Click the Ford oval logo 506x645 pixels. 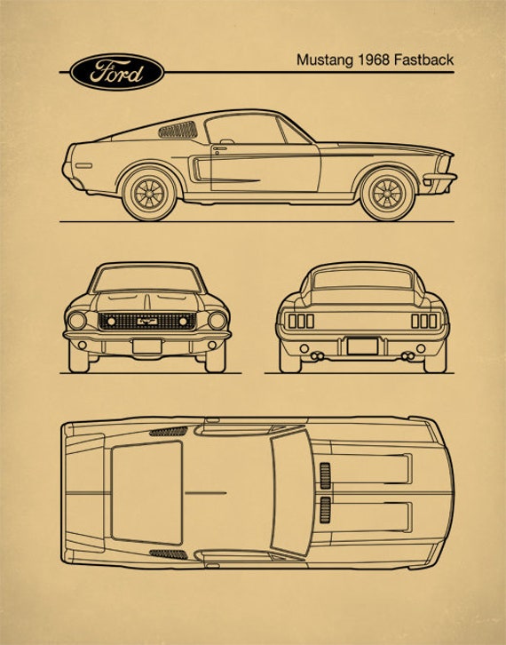[117, 72]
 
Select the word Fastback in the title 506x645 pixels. [423, 60]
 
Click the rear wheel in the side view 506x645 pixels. [150, 194]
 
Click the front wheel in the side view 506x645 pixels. [387, 194]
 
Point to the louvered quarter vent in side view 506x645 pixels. [178, 130]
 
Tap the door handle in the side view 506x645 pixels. [220, 148]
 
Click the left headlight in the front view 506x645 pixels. [77, 321]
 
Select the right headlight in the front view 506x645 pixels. [217, 321]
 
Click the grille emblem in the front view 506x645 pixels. [147, 321]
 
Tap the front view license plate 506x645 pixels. [147, 346]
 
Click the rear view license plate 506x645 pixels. [362, 346]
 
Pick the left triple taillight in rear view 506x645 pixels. [301, 321]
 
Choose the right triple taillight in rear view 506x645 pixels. [424, 321]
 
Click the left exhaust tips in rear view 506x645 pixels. [317, 356]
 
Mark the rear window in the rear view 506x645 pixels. [362, 279]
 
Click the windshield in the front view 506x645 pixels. [147, 279]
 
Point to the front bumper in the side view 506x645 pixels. [439, 177]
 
